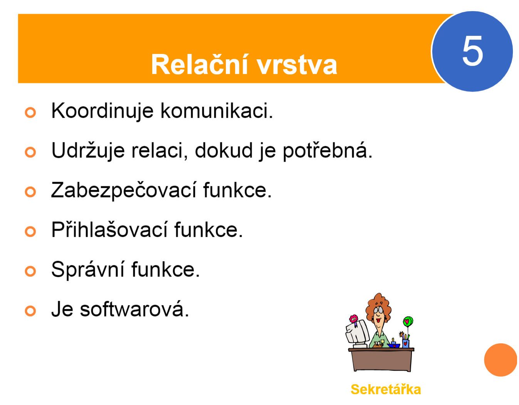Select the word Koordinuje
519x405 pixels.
pyautogui.click(x=102, y=111)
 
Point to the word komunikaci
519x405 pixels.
pyautogui.click(x=217, y=110)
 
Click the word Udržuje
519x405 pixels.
pyautogui.click(x=88, y=151)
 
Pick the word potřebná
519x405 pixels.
pyautogui.click(x=328, y=151)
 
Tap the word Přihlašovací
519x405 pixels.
pyautogui.click(x=109, y=229)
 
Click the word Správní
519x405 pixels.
pyautogui.click(x=87, y=269)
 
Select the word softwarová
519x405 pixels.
pyautogui.click(x=134, y=309)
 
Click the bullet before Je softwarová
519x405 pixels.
pyautogui.click(x=30, y=311)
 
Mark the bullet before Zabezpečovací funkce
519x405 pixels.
pyautogui.click(x=30, y=192)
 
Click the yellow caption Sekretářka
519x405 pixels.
pyautogui.click(x=385, y=390)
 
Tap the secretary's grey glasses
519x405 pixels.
pyautogui.click(x=378, y=310)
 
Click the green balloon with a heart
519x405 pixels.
pyautogui.click(x=408, y=321)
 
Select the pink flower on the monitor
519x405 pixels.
pyautogui.click(x=353, y=319)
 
